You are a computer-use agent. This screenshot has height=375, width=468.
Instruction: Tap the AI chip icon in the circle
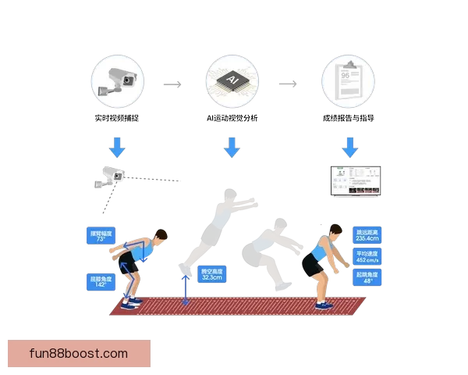click(x=231, y=82)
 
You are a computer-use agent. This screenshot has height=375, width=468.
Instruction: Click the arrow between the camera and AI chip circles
click(x=172, y=84)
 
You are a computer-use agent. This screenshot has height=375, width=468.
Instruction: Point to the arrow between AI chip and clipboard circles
click(x=289, y=84)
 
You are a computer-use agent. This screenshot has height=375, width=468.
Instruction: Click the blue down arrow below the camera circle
click(x=117, y=146)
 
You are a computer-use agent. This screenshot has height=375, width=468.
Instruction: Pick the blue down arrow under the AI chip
click(x=232, y=146)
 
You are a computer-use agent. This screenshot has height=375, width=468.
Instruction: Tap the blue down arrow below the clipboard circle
click(x=349, y=146)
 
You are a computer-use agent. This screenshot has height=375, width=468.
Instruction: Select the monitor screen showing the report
click(x=355, y=180)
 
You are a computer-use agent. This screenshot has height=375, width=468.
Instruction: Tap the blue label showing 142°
click(x=101, y=281)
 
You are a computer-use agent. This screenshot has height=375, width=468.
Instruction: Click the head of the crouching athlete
click(x=159, y=237)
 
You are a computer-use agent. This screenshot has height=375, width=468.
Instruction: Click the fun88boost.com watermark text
click(x=78, y=354)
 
